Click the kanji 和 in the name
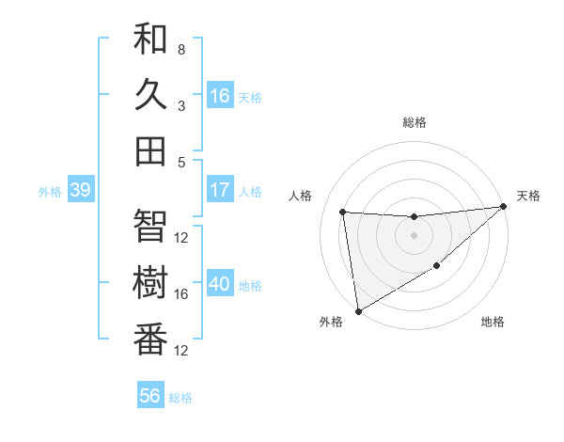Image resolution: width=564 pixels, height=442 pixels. click(150, 39)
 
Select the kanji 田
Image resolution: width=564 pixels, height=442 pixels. click(150, 150)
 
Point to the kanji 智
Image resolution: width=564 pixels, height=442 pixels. click(150, 225)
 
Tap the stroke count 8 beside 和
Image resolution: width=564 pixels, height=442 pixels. click(180, 49)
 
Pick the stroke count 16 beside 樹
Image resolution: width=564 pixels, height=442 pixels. click(181, 293)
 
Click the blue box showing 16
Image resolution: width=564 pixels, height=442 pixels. click(220, 95)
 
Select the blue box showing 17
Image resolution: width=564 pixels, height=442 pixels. click(220, 190)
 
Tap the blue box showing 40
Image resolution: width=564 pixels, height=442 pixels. click(220, 285)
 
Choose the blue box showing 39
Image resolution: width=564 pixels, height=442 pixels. click(80, 190)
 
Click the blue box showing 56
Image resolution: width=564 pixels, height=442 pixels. click(150, 396)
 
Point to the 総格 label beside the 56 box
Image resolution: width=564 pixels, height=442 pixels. click(180, 398)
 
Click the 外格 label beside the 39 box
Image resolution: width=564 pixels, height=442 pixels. click(50, 192)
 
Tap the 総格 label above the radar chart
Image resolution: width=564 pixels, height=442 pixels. click(414, 122)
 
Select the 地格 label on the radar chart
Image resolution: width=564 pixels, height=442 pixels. click(493, 323)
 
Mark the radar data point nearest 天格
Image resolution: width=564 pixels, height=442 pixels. click(503, 207)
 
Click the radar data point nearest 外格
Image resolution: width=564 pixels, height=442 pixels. click(357, 310)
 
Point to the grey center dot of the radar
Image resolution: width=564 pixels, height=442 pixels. click(414, 235)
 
